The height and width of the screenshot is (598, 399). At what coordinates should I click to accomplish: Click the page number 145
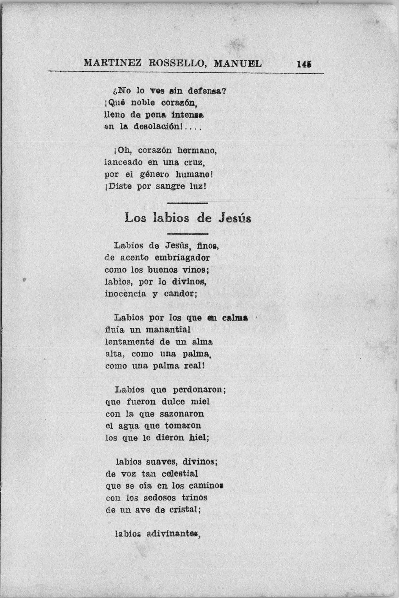(304, 64)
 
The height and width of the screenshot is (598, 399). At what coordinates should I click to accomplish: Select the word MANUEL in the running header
(238, 64)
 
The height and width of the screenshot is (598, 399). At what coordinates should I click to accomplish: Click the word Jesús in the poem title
(235, 218)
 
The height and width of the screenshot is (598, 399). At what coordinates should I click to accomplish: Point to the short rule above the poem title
(187, 203)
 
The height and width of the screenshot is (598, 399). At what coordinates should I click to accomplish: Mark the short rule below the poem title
(187, 234)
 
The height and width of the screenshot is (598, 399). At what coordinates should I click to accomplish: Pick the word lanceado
(124, 162)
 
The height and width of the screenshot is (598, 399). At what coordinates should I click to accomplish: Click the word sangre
(170, 186)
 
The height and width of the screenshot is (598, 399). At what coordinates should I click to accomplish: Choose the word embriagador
(182, 258)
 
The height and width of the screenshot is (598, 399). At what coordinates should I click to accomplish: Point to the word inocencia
(125, 294)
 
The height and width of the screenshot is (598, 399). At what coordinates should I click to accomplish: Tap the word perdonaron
(199, 390)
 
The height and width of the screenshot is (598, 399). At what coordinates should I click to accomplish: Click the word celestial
(180, 474)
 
